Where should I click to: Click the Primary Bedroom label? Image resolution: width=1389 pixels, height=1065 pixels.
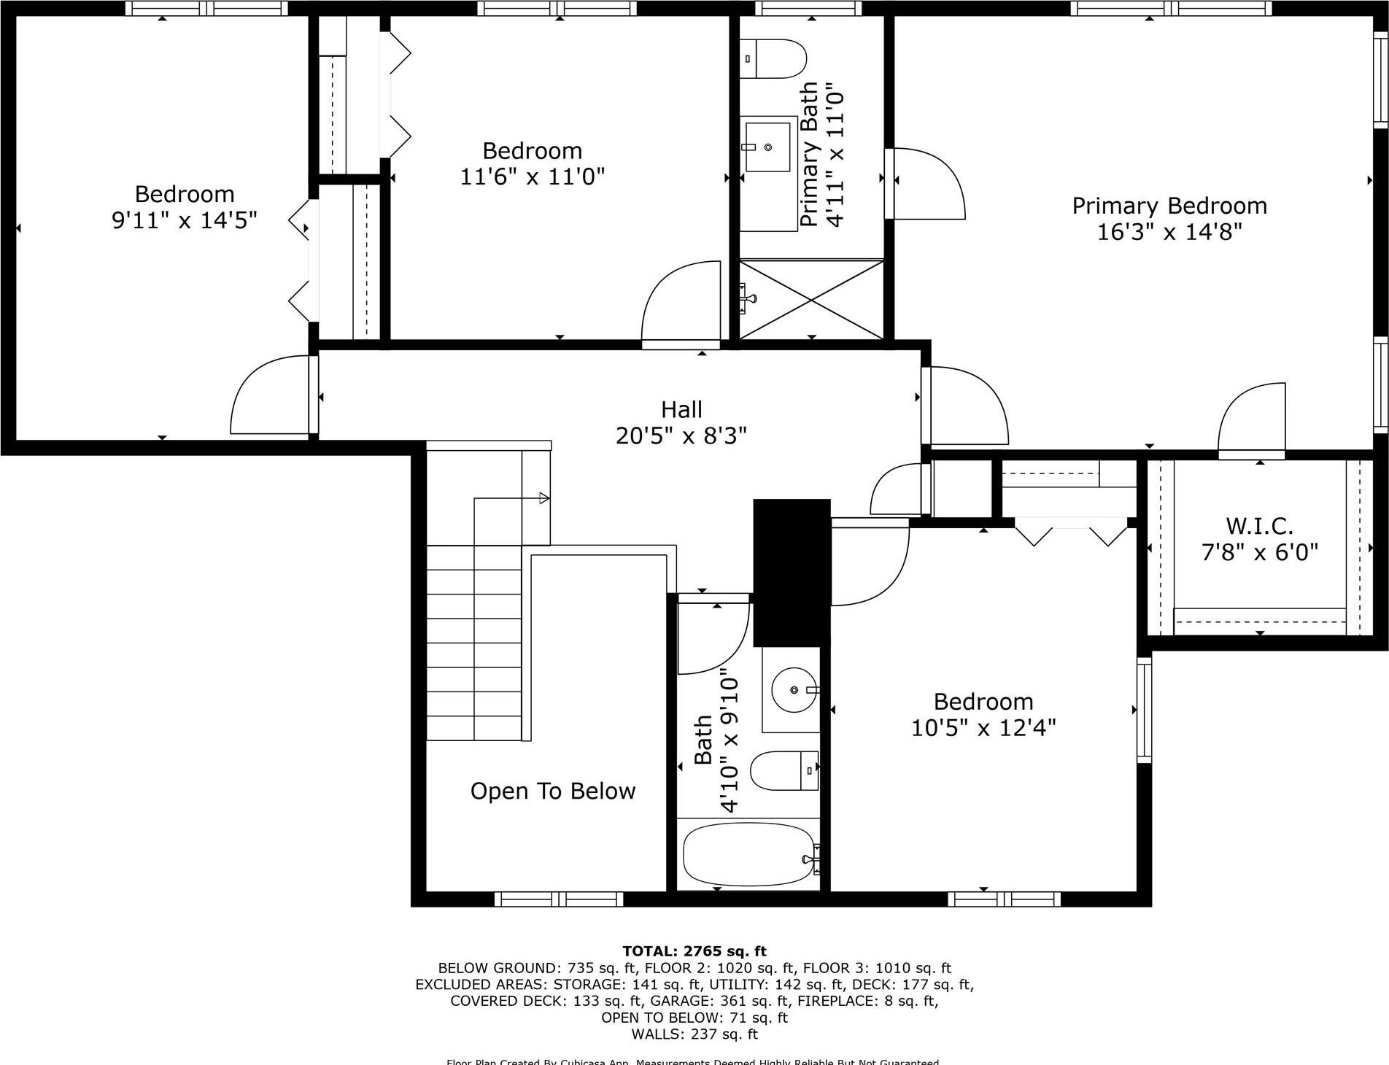(1169, 206)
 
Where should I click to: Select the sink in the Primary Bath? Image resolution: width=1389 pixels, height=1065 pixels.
(767, 147)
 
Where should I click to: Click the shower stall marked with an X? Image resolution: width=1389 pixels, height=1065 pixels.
(811, 299)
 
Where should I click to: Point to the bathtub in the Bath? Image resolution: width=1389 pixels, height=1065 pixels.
(748, 855)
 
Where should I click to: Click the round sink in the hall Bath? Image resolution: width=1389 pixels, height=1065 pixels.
(794, 689)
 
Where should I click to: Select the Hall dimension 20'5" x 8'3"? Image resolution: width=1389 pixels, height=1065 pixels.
(681, 436)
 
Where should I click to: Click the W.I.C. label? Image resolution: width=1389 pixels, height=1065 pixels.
(1259, 526)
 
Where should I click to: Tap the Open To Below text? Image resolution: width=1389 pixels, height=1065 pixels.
(553, 791)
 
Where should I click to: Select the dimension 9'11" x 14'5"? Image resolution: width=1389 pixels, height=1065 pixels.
(185, 220)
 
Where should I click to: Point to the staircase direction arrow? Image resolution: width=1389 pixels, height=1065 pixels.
(543, 498)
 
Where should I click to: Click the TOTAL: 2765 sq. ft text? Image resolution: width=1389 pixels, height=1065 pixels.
(694, 951)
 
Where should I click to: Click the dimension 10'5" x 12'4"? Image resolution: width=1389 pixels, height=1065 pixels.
(983, 728)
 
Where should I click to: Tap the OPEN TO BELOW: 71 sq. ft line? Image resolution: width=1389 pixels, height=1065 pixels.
(694, 1018)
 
